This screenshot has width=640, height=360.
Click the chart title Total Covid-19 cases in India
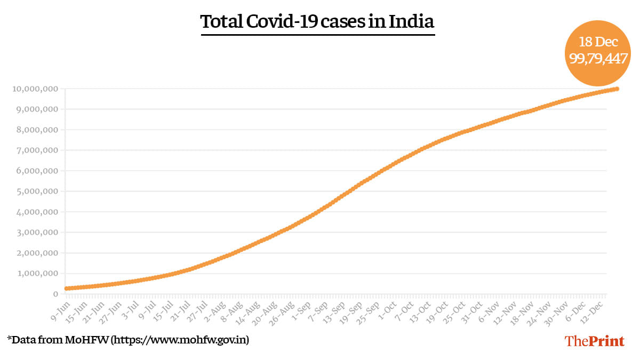(x=317, y=22)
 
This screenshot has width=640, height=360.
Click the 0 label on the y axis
(x=55, y=294)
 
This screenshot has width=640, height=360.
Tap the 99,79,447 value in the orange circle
(x=598, y=59)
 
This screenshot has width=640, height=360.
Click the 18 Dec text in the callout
(x=598, y=42)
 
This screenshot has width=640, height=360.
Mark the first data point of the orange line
(x=67, y=289)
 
